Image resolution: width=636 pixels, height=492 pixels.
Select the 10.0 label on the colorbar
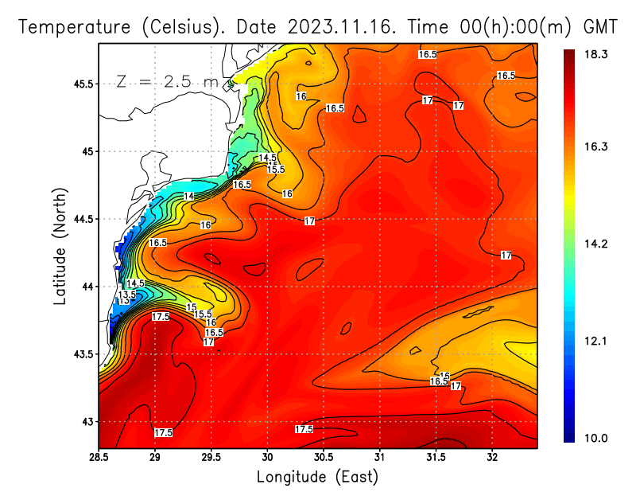tap(595, 438)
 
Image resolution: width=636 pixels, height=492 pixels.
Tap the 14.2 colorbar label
tap(595, 244)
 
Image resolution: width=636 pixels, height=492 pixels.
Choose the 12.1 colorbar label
tap(595, 341)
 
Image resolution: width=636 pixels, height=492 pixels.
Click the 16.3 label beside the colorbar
tap(595, 146)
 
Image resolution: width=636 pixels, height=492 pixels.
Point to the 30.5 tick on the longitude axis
tap(324, 457)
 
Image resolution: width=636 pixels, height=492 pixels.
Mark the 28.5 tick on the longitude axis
tap(99, 457)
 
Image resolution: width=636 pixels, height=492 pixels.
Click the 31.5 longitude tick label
tap(436, 457)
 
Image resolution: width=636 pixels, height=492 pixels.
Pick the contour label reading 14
tap(189, 196)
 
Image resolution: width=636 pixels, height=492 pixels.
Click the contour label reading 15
tap(191, 307)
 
